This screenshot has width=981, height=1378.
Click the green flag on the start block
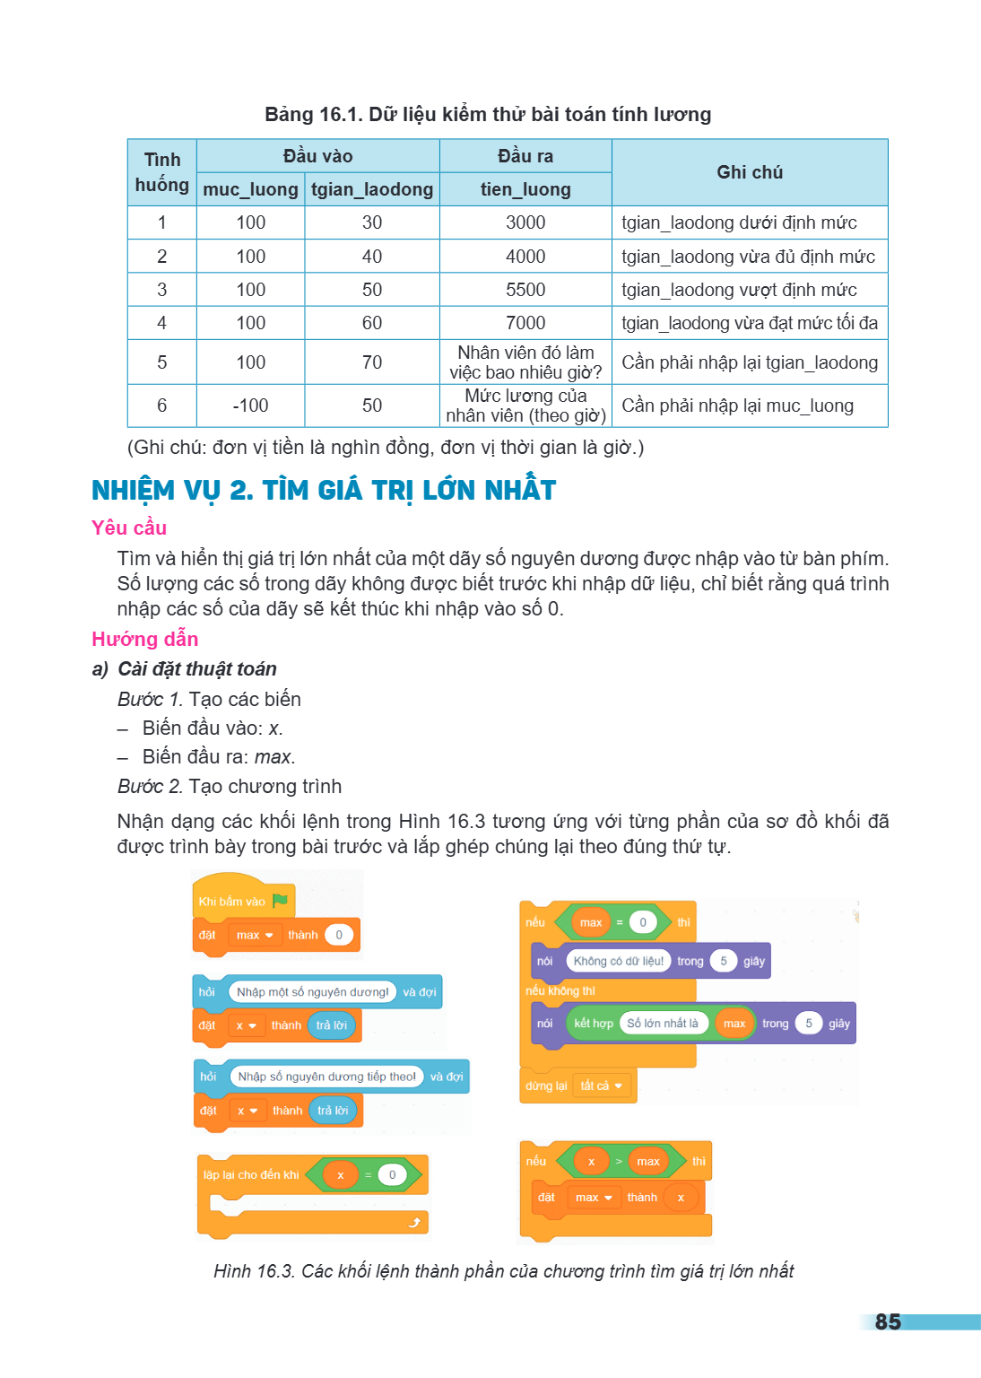tap(280, 901)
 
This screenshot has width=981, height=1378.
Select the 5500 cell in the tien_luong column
tap(525, 290)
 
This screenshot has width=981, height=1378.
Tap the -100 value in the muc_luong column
tap(250, 406)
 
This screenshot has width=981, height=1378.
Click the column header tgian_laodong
tap(372, 189)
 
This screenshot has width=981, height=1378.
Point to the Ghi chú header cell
tap(750, 172)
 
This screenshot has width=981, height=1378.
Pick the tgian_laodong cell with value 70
tap(372, 362)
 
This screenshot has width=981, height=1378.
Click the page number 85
tap(888, 1321)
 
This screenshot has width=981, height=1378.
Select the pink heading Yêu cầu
tap(129, 528)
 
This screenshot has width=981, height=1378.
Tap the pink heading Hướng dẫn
tap(145, 639)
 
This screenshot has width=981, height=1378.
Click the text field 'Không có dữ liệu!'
tap(618, 961)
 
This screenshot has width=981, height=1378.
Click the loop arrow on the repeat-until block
tap(414, 1223)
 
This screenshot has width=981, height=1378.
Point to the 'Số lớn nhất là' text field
tap(663, 1023)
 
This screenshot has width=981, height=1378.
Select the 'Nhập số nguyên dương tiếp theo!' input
tap(326, 1077)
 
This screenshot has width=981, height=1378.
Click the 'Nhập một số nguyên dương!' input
tap(312, 991)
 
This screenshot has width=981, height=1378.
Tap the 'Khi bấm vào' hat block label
tap(232, 902)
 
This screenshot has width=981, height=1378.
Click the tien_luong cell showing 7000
tap(525, 323)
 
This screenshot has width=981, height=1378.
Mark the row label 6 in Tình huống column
tap(161, 406)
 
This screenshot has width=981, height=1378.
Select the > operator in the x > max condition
tap(620, 1162)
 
